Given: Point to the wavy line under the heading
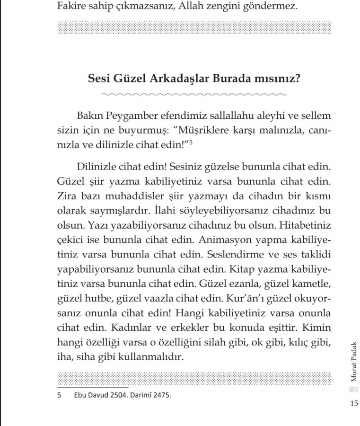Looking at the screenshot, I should pyautogui.click(x=194, y=94).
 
